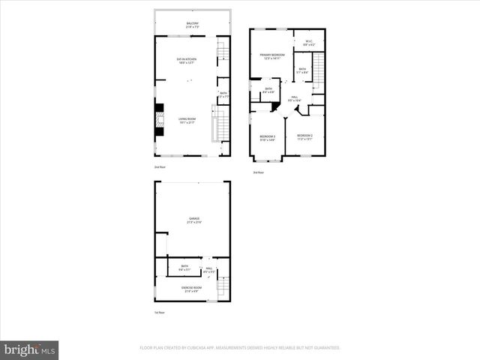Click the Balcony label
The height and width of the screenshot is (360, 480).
(193, 25)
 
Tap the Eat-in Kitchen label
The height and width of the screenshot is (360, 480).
(187, 60)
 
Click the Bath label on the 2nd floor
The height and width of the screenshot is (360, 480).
(223, 94)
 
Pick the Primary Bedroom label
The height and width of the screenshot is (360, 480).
(271, 56)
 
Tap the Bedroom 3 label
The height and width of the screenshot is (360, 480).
(268, 137)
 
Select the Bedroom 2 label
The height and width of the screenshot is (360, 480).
(305, 137)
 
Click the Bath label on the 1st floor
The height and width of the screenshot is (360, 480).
(184, 267)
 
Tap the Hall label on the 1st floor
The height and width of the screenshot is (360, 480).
(208, 268)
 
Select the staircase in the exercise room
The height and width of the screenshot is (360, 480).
(222, 286)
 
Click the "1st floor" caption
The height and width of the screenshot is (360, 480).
(160, 313)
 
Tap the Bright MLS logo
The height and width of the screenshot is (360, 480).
(29, 349)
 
